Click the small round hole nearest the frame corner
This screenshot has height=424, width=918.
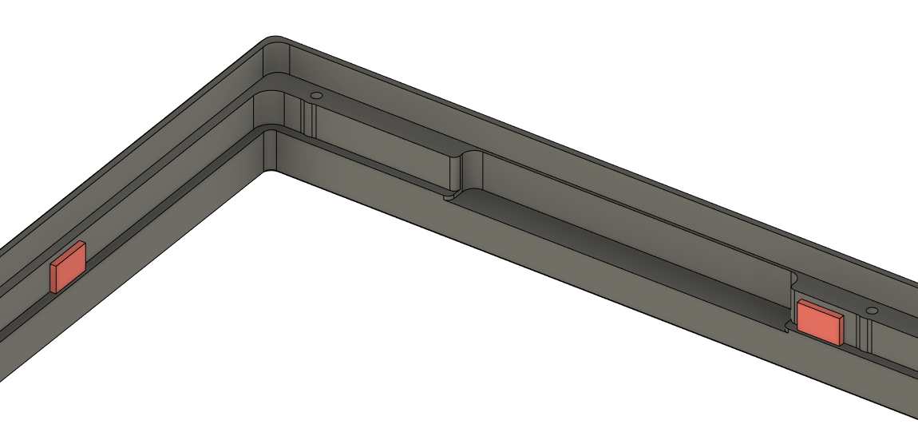coord(315,95)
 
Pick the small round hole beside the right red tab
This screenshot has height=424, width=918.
coord(872,310)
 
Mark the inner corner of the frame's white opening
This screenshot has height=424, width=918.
coord(269,170)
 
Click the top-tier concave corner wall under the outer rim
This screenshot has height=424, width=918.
coord(276,61)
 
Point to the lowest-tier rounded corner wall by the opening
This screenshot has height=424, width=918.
coord(269,148)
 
